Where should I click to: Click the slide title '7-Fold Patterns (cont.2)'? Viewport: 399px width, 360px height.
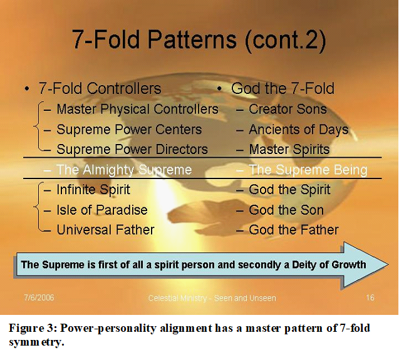point(199,39)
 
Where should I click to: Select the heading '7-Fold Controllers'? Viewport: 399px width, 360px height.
point(100,88)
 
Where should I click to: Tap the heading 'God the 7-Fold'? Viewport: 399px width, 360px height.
point(282,88)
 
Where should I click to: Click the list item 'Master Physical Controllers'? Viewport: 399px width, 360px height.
point(137,109)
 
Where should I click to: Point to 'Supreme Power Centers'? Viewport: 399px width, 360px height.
point(129,129)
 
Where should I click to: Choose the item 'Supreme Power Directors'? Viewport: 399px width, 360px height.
point(132,149)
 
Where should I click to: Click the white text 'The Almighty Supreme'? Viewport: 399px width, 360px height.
point(124,170)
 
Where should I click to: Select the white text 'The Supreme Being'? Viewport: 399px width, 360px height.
point(308,170)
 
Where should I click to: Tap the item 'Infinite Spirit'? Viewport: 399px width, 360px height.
point(93,190)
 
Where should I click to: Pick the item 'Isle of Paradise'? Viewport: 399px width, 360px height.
point(102,210)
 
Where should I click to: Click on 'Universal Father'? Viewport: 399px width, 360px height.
point(105,230)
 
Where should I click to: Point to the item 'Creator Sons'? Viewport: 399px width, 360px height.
point(288,109)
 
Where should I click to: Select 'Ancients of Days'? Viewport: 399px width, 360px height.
point(299,130)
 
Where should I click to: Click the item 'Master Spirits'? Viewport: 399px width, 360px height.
point(289,150)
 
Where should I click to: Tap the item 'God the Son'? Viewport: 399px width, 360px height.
point(286,210)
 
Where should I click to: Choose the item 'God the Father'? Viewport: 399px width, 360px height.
point(294,230)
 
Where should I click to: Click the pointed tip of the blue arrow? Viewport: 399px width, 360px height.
point(388,265)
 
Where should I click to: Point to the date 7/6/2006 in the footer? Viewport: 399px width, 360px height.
point(39,297)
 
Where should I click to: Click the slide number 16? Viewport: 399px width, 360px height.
point(370,297)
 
